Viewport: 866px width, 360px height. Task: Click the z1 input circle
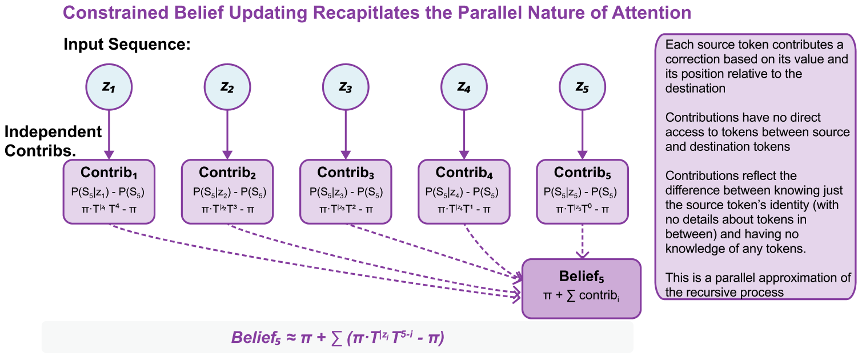[x=109, y=87]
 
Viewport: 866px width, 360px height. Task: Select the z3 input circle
[x=346, y=87]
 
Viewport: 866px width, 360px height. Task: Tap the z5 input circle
[x=582, y=87]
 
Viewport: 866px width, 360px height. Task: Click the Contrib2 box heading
[x=227, y=173]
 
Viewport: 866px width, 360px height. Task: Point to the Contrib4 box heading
[x=464, y=173]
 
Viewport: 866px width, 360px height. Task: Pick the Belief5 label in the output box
[x=582, y=277]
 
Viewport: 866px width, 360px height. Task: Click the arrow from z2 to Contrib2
[x=227, y=134]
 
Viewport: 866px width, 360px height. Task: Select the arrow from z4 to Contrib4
[x=464, y=134]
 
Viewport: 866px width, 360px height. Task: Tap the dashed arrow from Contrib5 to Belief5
[x=582, y=241]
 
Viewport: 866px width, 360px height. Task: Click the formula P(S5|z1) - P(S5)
[x=107, y=192]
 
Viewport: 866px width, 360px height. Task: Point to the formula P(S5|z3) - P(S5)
[x=346, y=192]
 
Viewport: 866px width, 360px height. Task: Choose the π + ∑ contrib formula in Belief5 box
[x=581, y=296]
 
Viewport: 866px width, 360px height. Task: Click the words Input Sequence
[x=127, y=44]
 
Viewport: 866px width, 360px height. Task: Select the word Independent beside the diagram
[x=53, y=132]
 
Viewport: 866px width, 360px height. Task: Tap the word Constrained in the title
[x=117, y=13]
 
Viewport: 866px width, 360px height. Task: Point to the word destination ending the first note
[x=695, y=89]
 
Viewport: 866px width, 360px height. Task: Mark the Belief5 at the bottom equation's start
[x=256, y=338]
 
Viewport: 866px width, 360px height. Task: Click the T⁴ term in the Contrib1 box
[x=114, y=209]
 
